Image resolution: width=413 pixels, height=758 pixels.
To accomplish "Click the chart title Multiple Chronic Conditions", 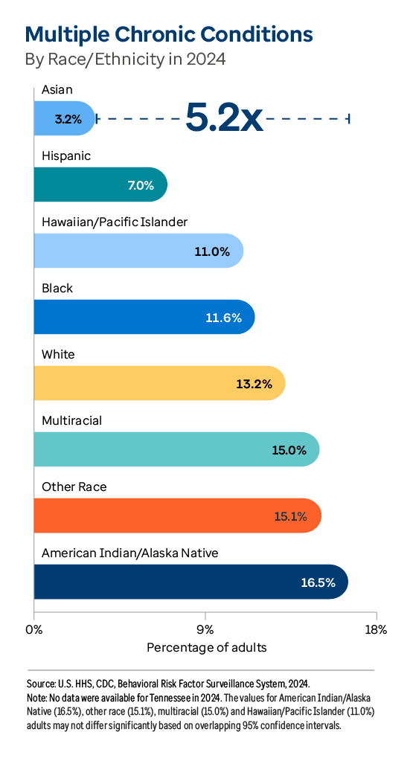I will click(x=169, y=34).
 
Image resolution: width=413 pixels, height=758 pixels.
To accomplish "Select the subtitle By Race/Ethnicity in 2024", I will click(x=125, y=59).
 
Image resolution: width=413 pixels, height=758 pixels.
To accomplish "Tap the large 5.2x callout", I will click(x=224, y=117).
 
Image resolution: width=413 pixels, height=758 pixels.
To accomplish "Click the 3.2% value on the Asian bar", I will click(x=68, y=119).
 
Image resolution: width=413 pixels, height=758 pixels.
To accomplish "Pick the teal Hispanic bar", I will click(x=100, y=184).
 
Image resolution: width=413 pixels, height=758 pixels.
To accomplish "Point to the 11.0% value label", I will click(x=212, y=251).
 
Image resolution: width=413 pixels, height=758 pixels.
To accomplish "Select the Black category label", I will click(x=57, y=288).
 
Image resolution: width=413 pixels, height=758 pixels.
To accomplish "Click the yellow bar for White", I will click(x=159, y=384).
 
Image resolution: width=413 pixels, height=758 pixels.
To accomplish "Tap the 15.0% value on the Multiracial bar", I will click(x=289, y=450).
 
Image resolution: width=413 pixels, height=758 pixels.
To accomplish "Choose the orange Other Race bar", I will click(x=177, y=515).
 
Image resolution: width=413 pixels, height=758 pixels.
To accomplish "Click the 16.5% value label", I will click(x=318, y=582).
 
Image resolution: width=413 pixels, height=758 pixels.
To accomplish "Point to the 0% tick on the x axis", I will click(x=34, y=629).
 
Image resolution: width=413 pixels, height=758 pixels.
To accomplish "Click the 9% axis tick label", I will click(x=205, y=629).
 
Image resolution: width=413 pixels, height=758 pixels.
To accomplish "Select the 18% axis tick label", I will click(x=377, y=629).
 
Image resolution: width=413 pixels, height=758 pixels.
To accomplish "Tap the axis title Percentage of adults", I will click(x=206, y=647).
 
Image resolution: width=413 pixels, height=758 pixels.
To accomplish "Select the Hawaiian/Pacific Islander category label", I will click(x=115, y=222).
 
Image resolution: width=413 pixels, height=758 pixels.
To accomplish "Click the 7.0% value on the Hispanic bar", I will click(x=140, y=185).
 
